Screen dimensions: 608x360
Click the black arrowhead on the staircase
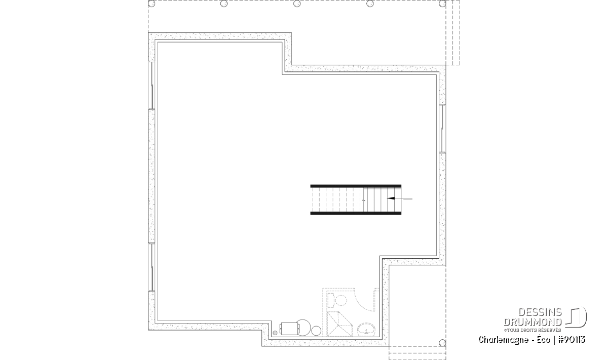pos(391,198)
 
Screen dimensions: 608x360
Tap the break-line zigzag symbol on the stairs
pos(364,201)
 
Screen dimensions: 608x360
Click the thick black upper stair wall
pos(356,186)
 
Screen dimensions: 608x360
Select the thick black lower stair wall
pos(356,213)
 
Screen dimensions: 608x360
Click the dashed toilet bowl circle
pos(341,301)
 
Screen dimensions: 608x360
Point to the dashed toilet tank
pos(330,300)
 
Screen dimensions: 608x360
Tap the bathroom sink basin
pos(366,329)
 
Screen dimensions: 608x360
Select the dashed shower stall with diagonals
pos(339,324)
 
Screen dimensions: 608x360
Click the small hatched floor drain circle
pos(275,333)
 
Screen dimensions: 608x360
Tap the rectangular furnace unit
pos(290,329)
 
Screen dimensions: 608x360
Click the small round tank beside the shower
pos(316,331)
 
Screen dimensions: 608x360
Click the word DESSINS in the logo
pos(540,312)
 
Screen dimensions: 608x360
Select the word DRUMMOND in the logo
pos(533,322)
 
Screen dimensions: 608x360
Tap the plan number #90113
pos(572,340)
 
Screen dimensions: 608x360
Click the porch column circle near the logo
pos(442,343)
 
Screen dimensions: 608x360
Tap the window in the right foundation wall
pos(442,129)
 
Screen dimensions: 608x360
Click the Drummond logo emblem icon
pos(576,317)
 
